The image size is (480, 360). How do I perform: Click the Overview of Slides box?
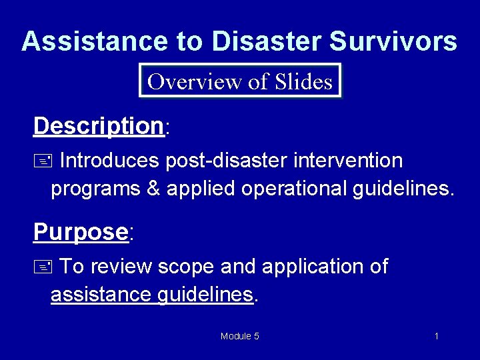tap(240, 81)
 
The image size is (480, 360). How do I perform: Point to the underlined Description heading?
tap(99, 125)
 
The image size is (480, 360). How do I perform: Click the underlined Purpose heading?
tap(81, 232)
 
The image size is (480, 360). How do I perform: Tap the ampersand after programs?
tap(153, 189)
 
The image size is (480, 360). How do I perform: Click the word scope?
tap(186, 267)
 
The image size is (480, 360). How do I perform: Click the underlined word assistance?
tap(101, 294)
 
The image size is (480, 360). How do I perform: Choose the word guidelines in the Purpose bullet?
tap(205, 294)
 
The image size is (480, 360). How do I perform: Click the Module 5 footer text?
tap(240, 336)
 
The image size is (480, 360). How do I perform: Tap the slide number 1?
tap(436, 336)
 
